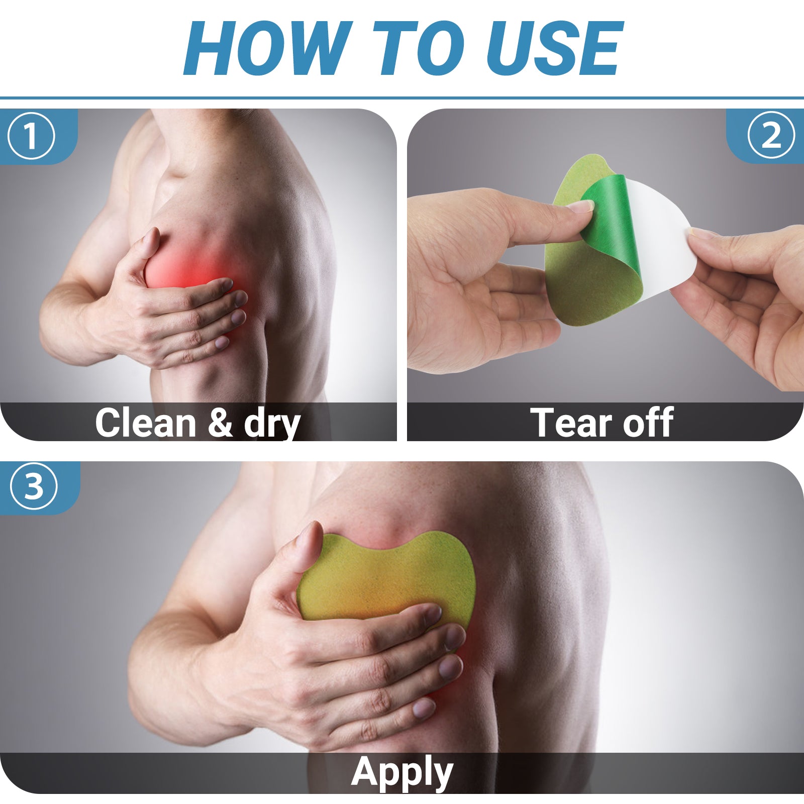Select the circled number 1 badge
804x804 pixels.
[x=31, y=136]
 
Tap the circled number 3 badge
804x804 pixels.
[x=34, y=486]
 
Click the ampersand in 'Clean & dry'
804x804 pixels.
[x=220, y=423]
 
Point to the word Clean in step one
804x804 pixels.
[x=146, y=423]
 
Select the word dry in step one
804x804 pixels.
[x=272, y=425]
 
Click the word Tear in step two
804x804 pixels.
[x=572, y=423]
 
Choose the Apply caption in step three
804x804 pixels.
[x=402, y=773]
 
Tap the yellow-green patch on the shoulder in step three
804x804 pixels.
[x=387, y=578]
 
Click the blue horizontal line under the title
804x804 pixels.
[x=402, y=98]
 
